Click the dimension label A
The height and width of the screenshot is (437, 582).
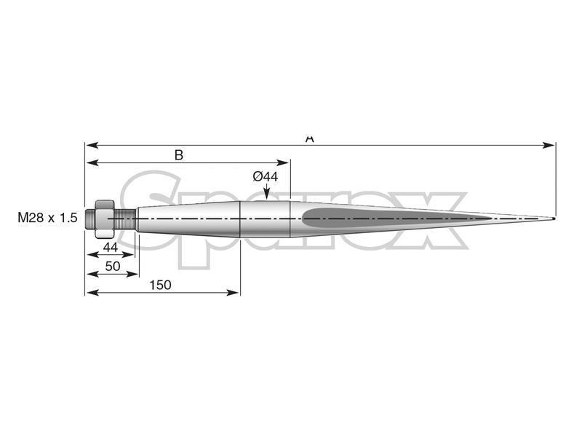(x=310, y=138)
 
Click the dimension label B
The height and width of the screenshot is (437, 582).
(x=178, y=154)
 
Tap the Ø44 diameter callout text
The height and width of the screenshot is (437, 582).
(x=266, y=176)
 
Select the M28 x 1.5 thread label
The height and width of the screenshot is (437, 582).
(x=47, y=218)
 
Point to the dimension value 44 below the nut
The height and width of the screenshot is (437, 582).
(x=110, y=247)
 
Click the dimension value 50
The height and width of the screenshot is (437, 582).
(x=112, y=267)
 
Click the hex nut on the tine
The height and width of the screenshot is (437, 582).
(x=103, y=217)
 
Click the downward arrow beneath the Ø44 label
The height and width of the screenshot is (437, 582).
(x=267, y=192)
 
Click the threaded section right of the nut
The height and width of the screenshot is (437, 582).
(x=124, y=218)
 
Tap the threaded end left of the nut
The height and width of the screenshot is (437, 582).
(x=90, y=218)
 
